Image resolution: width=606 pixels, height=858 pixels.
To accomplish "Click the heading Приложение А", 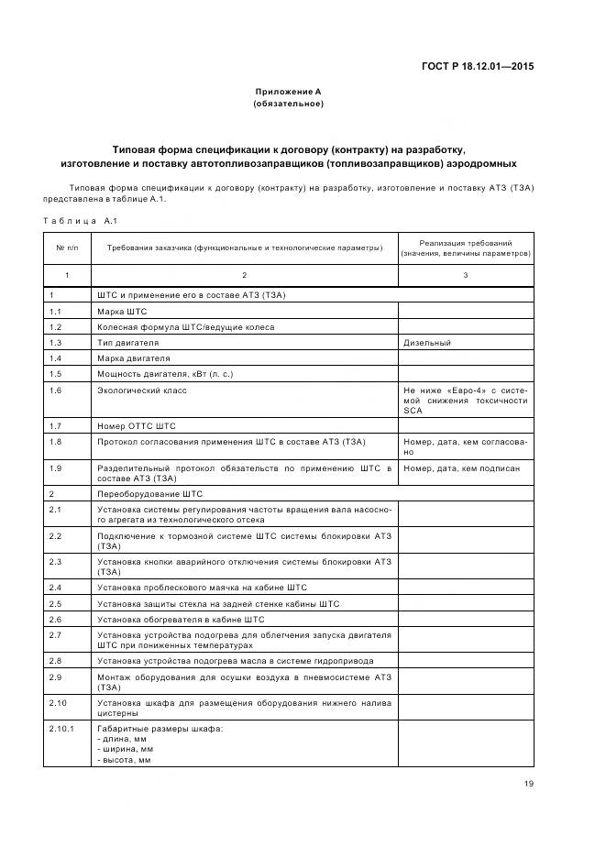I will [288, 92].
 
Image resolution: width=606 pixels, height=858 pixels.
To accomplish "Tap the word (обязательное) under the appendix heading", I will [288, 104].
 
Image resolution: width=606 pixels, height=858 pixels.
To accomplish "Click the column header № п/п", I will [67, 248].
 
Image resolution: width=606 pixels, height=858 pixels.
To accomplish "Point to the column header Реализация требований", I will [465, 243].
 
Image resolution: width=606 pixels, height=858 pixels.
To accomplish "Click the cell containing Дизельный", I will [427, 342].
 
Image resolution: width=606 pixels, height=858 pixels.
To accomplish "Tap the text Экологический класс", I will [141, 390].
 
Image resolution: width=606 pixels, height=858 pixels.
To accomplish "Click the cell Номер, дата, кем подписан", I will [461, 468].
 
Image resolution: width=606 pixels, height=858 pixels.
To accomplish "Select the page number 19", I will [529, 784].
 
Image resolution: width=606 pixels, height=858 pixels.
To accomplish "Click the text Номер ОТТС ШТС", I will [136, 426].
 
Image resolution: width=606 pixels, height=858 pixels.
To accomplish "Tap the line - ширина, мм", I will [125, 749].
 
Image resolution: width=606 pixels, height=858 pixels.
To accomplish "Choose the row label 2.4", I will [55, 587].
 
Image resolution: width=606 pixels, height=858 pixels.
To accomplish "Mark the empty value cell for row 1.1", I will [465, 311].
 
